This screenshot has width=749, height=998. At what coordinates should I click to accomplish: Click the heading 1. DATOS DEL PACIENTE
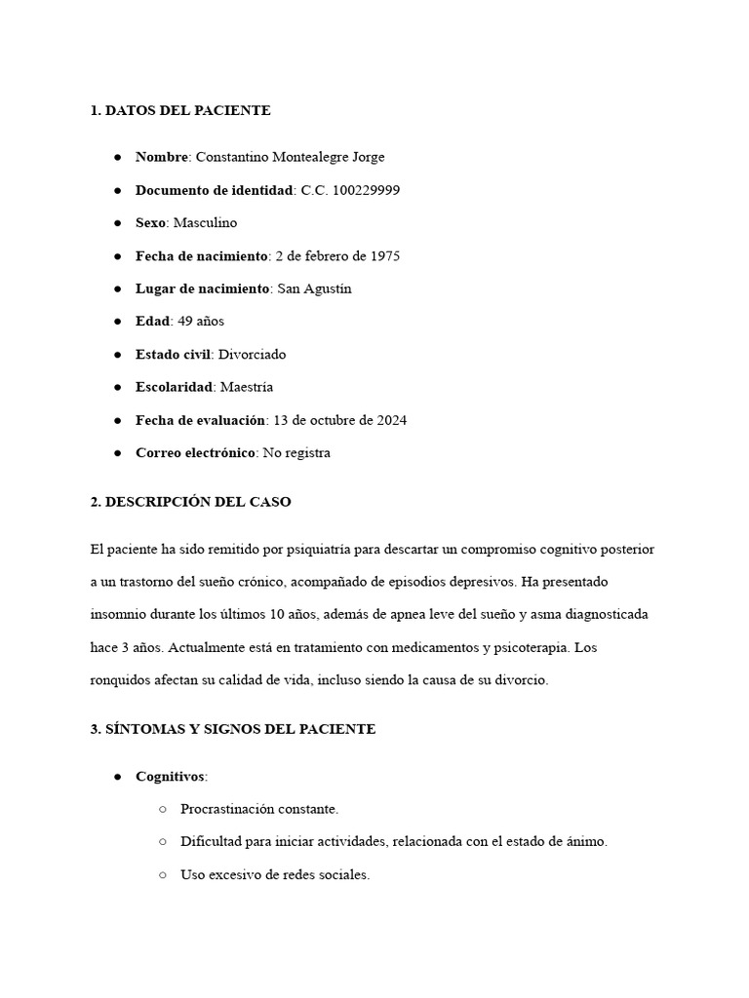[180, 111]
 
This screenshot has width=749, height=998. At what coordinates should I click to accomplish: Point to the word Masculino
[205, 223]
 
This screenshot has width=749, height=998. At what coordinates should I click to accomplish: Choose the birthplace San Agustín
[314, 289]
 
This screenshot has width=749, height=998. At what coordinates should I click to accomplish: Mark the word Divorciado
[252, 355]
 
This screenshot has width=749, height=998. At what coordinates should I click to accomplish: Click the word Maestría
[247, 388]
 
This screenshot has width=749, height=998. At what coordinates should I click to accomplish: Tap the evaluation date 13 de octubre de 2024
[339, 421]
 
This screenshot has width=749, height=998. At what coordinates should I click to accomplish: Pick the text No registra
[296, 453]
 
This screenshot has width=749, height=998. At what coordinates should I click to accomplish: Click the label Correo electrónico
[195, 453]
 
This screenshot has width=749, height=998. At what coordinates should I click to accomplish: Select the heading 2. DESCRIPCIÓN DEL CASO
[190, 503]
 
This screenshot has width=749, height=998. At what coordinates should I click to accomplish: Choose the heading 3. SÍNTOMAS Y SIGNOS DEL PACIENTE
[232, 730]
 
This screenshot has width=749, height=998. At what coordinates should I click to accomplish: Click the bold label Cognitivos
[171, 777]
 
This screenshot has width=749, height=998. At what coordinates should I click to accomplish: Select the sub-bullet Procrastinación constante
[259, 810]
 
